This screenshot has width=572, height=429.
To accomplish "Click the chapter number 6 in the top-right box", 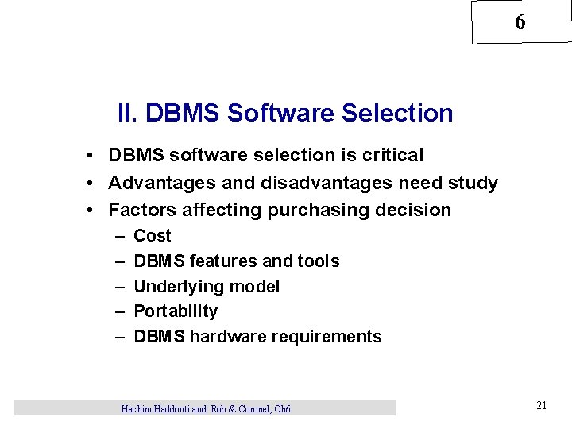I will pyautogui.click(x=520, y=22).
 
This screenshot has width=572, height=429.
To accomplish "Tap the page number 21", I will pyautogui.click(x=541, y=406).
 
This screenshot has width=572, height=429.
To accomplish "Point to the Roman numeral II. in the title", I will pyautogui.click(x=128, y=114).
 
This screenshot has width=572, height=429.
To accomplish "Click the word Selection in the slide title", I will pyautogui.click(x=397, y=114).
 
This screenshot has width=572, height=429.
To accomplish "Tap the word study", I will pyautogui.click(x=472, y=184).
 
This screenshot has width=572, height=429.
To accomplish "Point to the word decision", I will pyautogui.click(x=415, y=211).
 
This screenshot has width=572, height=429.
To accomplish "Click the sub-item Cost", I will pyautogui.click(x=153, y=236).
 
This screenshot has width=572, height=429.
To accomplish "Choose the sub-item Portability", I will pyautogui.click(x=176, y=311).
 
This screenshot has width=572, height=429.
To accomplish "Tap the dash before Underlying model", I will pyautogui.click(x=120, y=287).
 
